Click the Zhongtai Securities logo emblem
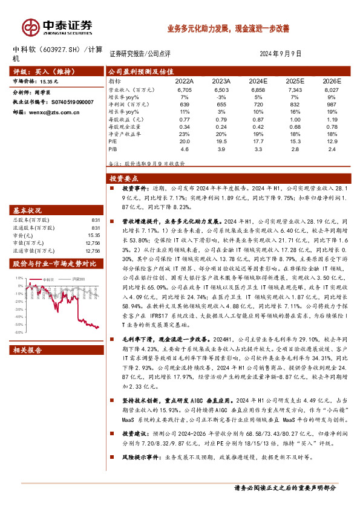click(30, 27)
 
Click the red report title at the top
click(228, 28)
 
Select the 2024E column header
click(258, 80)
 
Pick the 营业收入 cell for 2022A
click(185, 89)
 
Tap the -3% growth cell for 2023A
click(221, 97)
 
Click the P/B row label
click(114, 148)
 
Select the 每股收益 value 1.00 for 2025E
click(295, 118)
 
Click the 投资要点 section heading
click(124, 178)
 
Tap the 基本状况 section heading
click(27, 210)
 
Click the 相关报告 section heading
click(27, 349)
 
